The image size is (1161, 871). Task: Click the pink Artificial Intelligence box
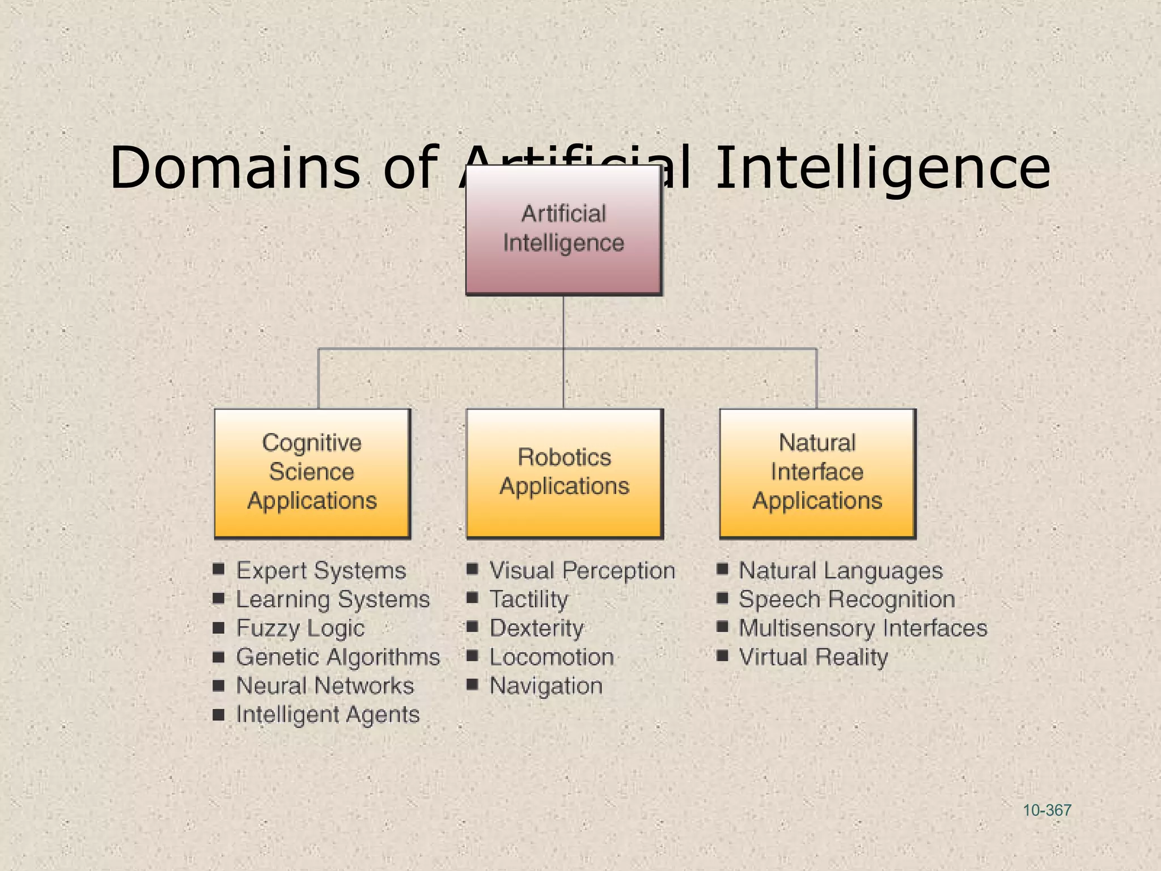563,230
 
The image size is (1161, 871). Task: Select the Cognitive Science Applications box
312,472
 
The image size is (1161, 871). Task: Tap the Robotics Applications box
564,472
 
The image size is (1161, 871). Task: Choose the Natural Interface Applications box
817,472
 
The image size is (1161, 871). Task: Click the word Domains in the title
234,168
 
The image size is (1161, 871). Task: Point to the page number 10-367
1046,810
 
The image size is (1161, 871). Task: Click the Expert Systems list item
321,570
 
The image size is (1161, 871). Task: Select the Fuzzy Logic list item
300,628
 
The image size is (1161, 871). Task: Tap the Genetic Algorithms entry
338,657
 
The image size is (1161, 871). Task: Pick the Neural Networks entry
325,686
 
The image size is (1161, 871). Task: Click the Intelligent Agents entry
328,714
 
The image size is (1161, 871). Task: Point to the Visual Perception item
582,570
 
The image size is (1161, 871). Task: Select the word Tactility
528,599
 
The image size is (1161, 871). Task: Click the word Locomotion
552,657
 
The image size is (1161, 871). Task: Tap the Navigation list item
546,686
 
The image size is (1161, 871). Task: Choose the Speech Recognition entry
847,599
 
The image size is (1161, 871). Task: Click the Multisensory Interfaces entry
863,628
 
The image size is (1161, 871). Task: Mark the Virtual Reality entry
813,657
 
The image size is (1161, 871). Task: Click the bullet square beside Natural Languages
722,569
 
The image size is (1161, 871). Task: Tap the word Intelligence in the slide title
882,168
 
